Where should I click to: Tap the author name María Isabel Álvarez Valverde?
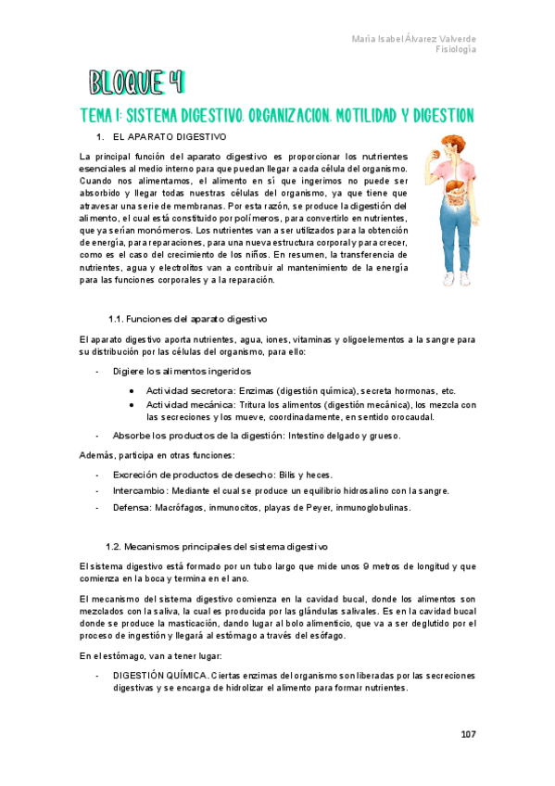[x=414, y=39]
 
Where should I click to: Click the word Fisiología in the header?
[x=456, y=50]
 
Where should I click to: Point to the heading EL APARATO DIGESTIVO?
[x=175, y=137]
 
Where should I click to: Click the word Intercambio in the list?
[x=140, y=490]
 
